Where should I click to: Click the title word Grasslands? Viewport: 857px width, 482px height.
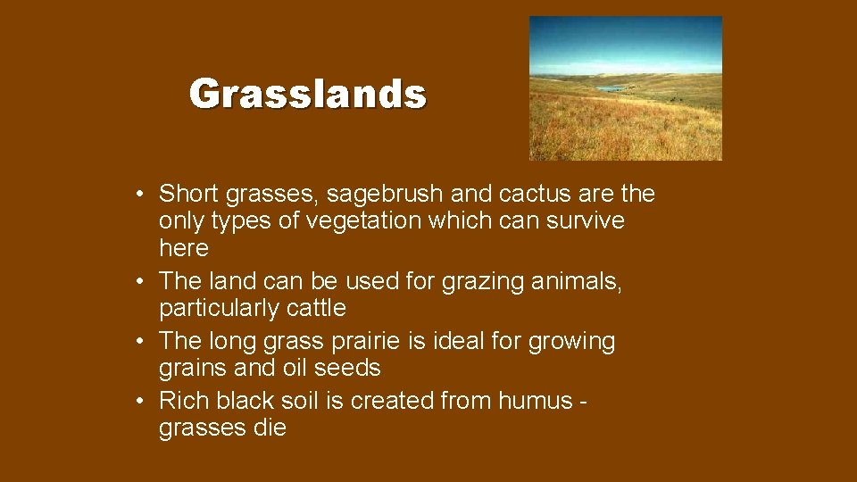pyautogui.click(x=308, y=94)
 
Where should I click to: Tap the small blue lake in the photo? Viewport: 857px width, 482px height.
pyautogui.click(x=612, y=88)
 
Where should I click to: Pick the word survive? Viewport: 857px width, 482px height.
pyautogui.click(x=584, y=220)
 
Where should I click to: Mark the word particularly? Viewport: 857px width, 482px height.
pyautogui.click(x=216, y=308)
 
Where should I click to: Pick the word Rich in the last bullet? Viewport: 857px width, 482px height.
pyautogui.click(x=183, y=402)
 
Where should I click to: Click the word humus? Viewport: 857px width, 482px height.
pyautogui.click(x=532, y=402)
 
